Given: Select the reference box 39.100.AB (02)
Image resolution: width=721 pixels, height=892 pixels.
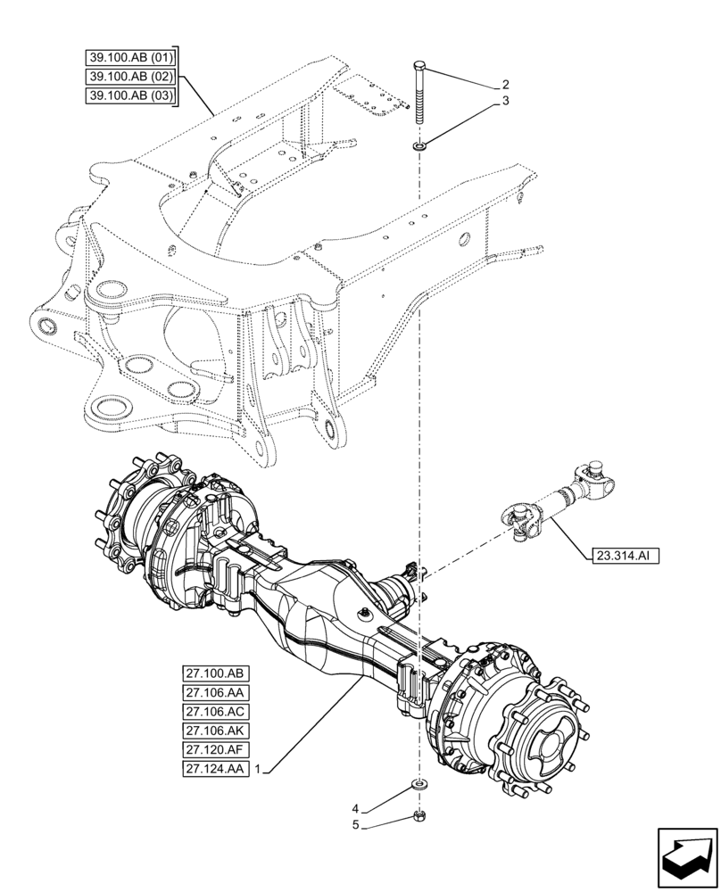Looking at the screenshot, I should (131, 76).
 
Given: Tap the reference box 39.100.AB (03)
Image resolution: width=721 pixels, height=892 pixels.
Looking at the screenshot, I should (131, 95).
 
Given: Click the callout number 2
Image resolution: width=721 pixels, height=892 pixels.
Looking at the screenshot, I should (505, 85).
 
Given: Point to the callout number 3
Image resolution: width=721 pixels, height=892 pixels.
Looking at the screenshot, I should (505, 102).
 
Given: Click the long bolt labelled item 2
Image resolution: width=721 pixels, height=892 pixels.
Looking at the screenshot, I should (420, 94).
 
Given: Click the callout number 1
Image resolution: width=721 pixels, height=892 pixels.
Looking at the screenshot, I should (258, 768).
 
